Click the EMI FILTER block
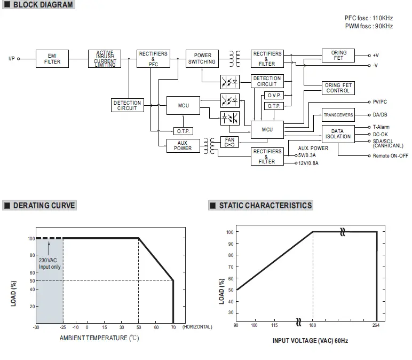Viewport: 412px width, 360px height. click(52, 58)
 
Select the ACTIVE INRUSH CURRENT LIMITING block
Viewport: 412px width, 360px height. click(105, 58)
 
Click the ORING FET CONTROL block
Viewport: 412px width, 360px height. click(338, 88)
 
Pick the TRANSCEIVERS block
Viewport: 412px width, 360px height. click(338, 115)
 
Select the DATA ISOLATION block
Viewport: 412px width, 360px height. click(338, 134)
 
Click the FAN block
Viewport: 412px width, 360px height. click(229, 142)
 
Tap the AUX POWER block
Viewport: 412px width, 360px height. click(183, 145)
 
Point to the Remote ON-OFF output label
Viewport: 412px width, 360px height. click(390, 155)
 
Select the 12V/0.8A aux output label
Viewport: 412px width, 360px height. click(308, 163)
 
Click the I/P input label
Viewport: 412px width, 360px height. click(12, 58)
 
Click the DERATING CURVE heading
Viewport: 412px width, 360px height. click(44, 206)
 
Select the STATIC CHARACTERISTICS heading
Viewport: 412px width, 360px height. click(265, 206)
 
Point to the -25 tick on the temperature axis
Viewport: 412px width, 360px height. click(63, 327)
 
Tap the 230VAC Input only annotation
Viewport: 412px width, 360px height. click(49, 263)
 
